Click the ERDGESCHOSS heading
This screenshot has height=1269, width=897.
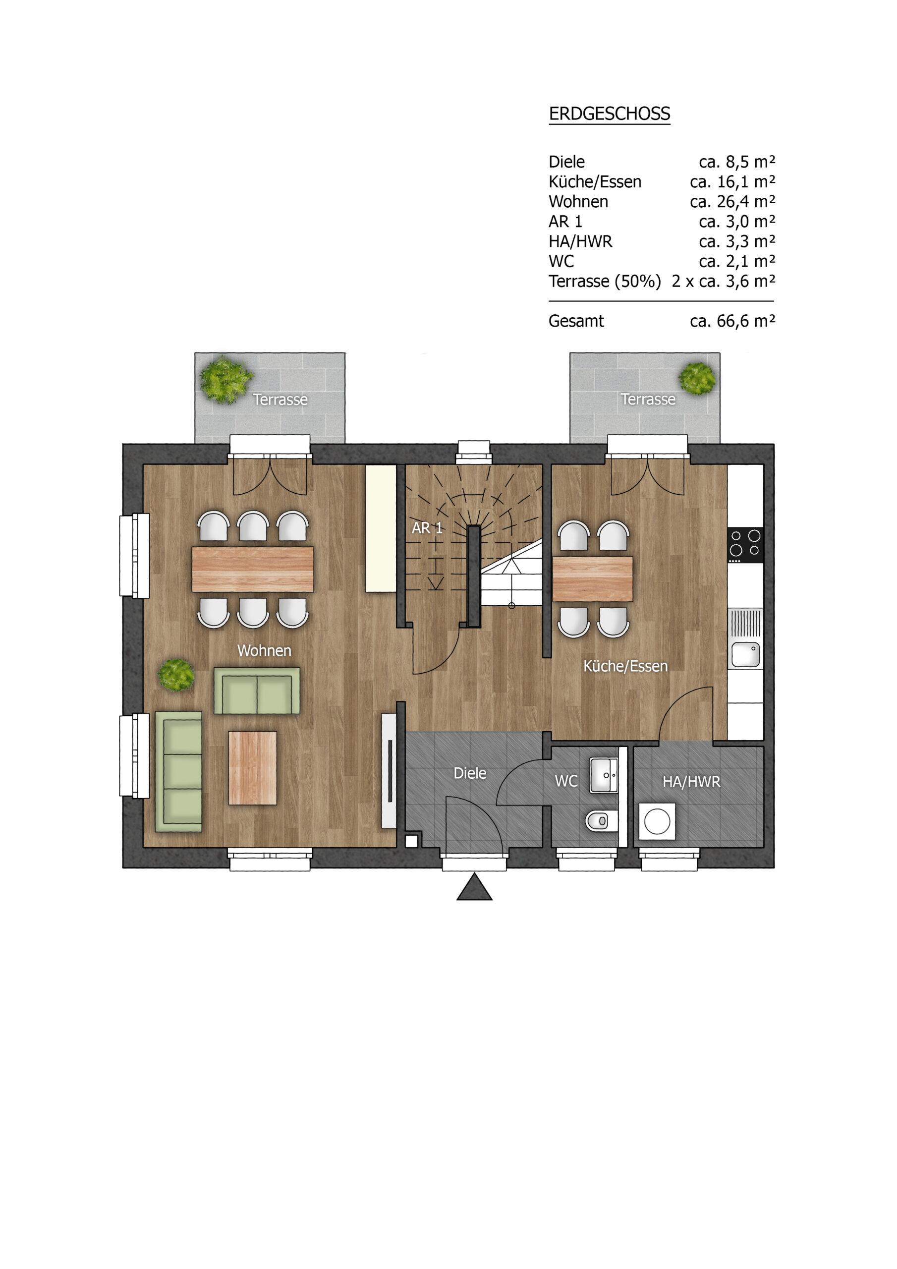click(x=609, y=114)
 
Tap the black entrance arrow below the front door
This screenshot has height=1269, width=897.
click(x=474, y=888)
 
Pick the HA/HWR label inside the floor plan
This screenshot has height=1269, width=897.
click(x=691, y=782)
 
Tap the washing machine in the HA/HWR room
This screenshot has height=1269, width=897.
click(x=657, y=822)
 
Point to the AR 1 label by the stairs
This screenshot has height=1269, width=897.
click(x=427, y=528)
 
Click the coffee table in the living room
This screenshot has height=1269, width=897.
click(x=253, y=768)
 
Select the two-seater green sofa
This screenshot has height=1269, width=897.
click(x=257, y=691)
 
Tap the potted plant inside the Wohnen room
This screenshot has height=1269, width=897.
click(x=176, y=674)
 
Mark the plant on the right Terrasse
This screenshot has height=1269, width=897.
click(x=697, y=378)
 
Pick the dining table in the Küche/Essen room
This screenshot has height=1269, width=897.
click(x=593, y=578)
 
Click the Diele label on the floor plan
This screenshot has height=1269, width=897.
click(x=470, y=773)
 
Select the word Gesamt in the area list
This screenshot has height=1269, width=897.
click(x=576, y=321)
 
